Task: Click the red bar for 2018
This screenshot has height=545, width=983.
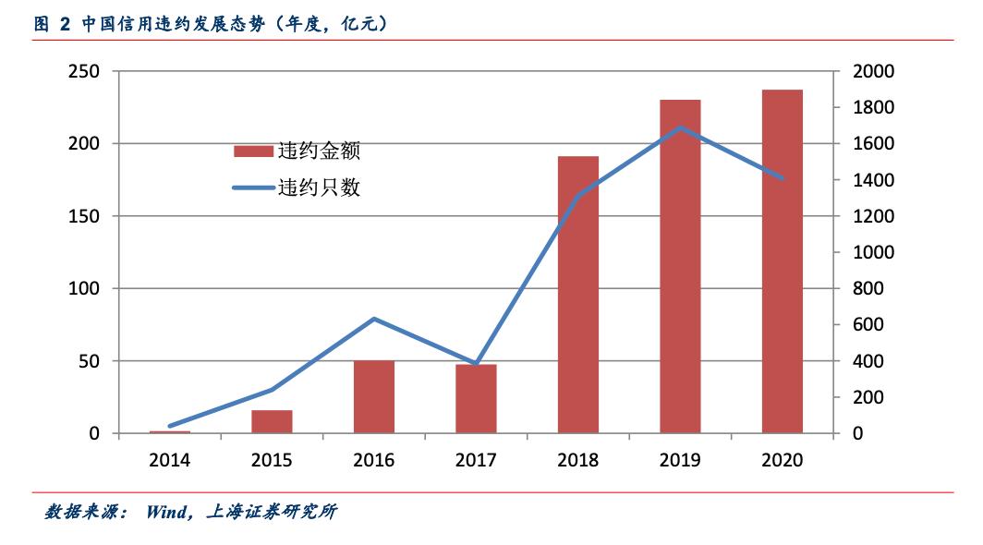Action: tap(578, 295)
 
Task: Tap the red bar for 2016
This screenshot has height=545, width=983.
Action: tap(374, 396)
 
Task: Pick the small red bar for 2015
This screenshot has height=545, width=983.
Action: tap(273, 421)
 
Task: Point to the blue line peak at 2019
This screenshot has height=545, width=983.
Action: tap(680, 127)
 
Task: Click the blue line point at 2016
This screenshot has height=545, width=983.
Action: tap(374, 319)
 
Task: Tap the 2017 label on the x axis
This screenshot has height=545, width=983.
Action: tap(476, 460)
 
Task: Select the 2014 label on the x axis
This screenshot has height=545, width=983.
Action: tap(170, 460)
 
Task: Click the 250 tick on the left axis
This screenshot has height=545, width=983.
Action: tap(84, 72)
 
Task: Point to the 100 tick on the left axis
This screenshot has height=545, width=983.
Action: tap(84, 289)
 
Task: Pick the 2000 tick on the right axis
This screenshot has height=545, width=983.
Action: tap(874, 72)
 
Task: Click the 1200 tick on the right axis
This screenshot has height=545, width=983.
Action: tap(874, 217)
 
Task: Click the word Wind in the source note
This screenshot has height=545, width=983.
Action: tap(166, 512)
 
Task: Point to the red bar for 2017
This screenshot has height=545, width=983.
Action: tap(476, 399)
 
